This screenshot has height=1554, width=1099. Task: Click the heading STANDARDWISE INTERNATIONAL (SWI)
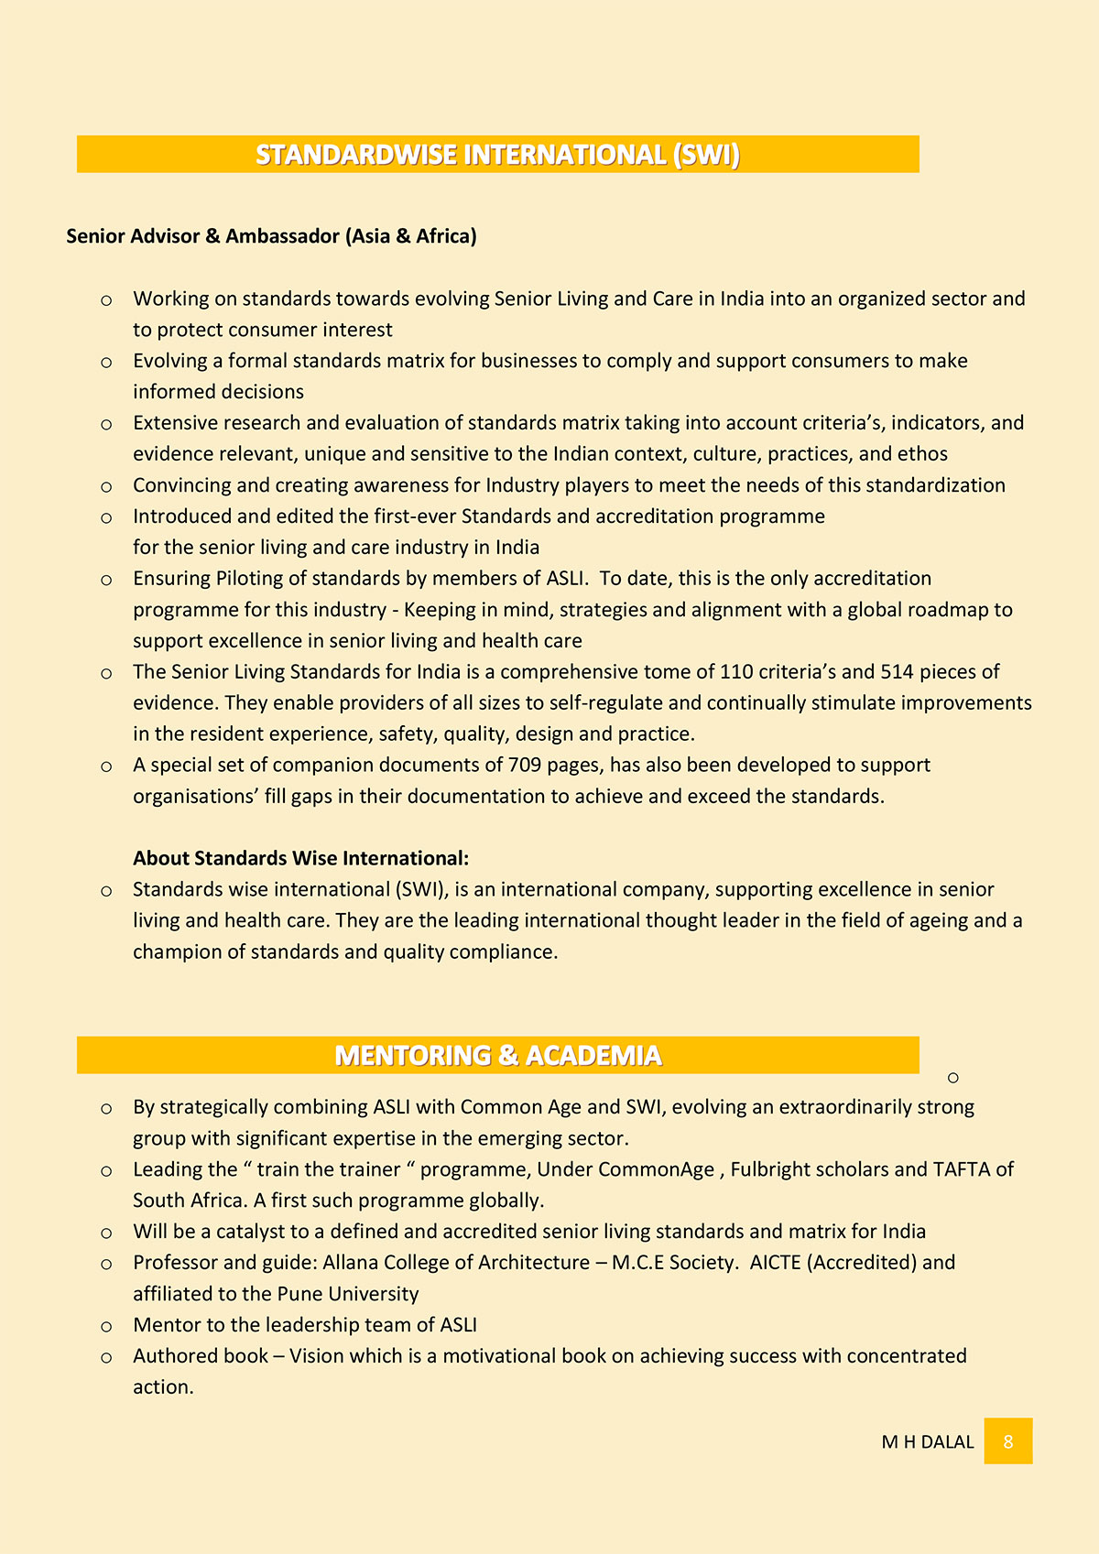click(x=497, y=155)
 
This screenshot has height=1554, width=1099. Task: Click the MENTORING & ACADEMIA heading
click(x=497, y=1056)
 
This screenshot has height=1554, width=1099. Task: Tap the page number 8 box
click(x=1007, y=1441)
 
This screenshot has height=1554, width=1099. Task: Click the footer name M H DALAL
click(x=927, y=1442)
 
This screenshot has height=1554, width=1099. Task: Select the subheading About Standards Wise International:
click(x=300, y=858)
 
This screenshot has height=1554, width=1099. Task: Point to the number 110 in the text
click(x=737, y=672)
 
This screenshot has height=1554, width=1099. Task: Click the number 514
click(x=897, y=672)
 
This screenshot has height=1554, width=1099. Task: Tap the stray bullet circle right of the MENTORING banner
click(x=953, y=1078)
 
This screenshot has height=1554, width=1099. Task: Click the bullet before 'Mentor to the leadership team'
click(x=106, y=1327)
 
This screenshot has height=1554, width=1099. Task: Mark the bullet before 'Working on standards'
click(x=106, y=300)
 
